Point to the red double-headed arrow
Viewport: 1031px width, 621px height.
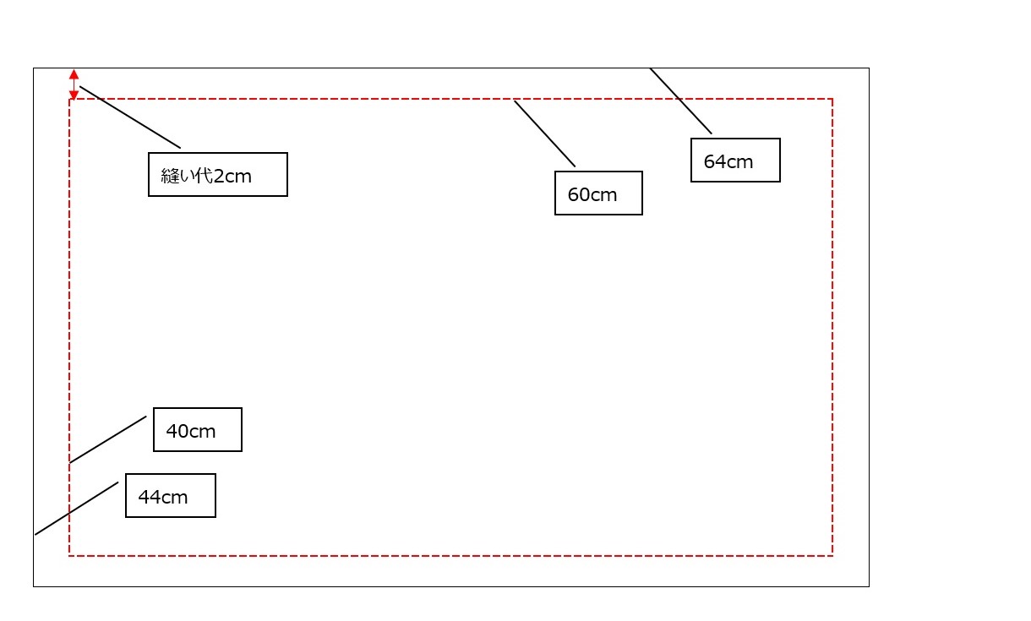coord(74,84)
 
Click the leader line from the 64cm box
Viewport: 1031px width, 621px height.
coord(681,101)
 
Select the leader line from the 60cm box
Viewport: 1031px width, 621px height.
coord(544,133)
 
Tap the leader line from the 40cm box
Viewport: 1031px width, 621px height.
coord(107,439)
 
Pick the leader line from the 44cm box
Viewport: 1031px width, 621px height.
coord(76,509)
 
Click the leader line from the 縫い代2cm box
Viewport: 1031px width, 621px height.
coord(130,117)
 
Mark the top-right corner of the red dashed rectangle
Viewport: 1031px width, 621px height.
coord(832,99)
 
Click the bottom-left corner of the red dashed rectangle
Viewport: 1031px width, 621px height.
coord(69,556)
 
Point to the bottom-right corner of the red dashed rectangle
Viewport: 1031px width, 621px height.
coord(832,556)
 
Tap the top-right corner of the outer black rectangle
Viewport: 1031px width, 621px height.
coord(869,68)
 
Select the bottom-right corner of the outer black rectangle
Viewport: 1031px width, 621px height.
coord(869,586)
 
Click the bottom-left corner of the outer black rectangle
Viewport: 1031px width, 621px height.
coord(34,586)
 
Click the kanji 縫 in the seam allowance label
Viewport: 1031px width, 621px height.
coord(169,176)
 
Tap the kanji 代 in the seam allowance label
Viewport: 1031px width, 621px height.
coord(204,176)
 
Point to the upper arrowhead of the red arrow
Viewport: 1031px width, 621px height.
coord(74,74)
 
